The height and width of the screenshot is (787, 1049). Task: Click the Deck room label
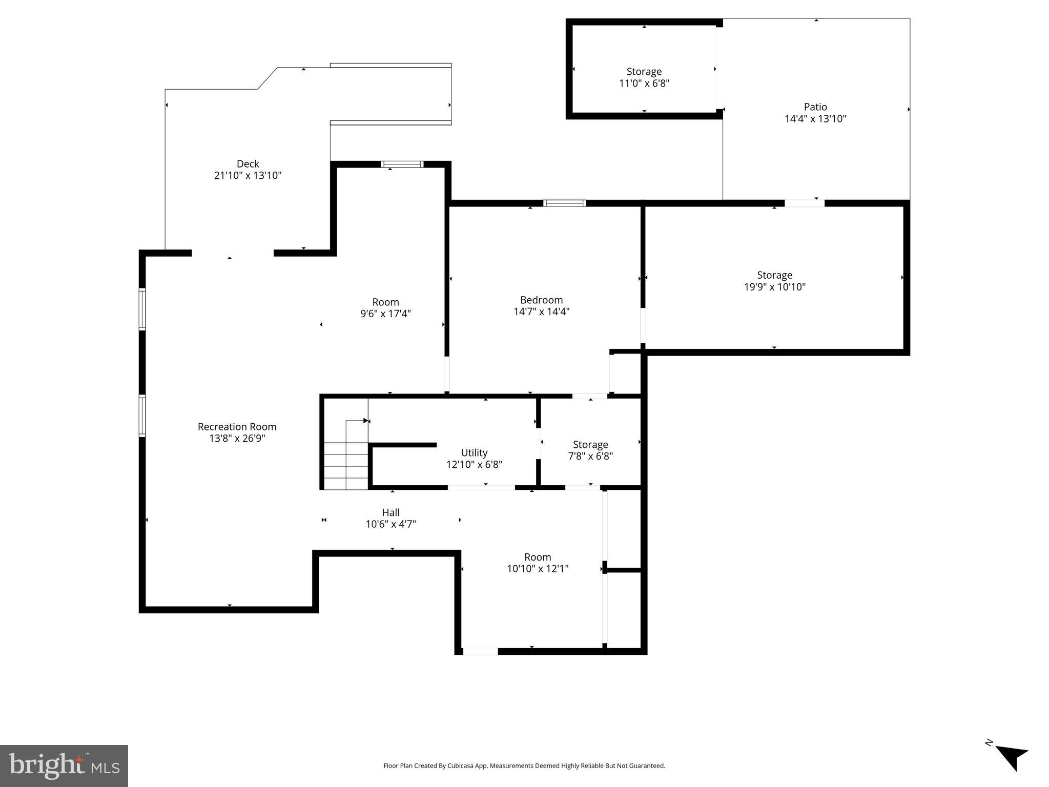click(x=248, y=164)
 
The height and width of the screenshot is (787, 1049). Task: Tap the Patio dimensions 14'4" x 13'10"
click(x=815, y=119)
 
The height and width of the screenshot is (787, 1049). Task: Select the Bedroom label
click(x=541, y=300)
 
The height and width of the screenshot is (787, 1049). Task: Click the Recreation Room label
click(x=237, y=427)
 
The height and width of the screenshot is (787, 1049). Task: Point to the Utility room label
click(x=474, y=453)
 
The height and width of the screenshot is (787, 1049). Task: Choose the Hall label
click(x=390, y=512)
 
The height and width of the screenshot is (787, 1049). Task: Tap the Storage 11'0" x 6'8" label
click(x=644, y=72)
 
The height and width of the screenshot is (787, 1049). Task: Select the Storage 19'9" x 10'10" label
click(x=774, y=275)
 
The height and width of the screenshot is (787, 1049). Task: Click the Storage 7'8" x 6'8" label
click(x=590, y=445)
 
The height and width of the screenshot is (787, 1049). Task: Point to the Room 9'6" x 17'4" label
click(x=385, y=302)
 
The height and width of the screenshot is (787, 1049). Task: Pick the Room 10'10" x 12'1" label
click(x=538, y=557)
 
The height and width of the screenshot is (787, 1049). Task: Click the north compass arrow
click(x=1011, y=757)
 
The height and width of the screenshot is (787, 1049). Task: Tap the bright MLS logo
click(x=64, y=766)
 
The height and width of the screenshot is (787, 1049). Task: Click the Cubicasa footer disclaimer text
click(x=524, y=766)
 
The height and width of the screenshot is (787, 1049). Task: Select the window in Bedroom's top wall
click(x=564, y=203)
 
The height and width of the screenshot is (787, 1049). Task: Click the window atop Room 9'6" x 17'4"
click(x=402, y=164)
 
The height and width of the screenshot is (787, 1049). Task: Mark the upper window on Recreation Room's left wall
click(x=142, y=309)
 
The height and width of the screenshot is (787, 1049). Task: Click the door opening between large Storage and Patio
click(x=805, y=203)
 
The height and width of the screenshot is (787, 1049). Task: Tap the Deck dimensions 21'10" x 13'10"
click(x=248, y=176)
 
